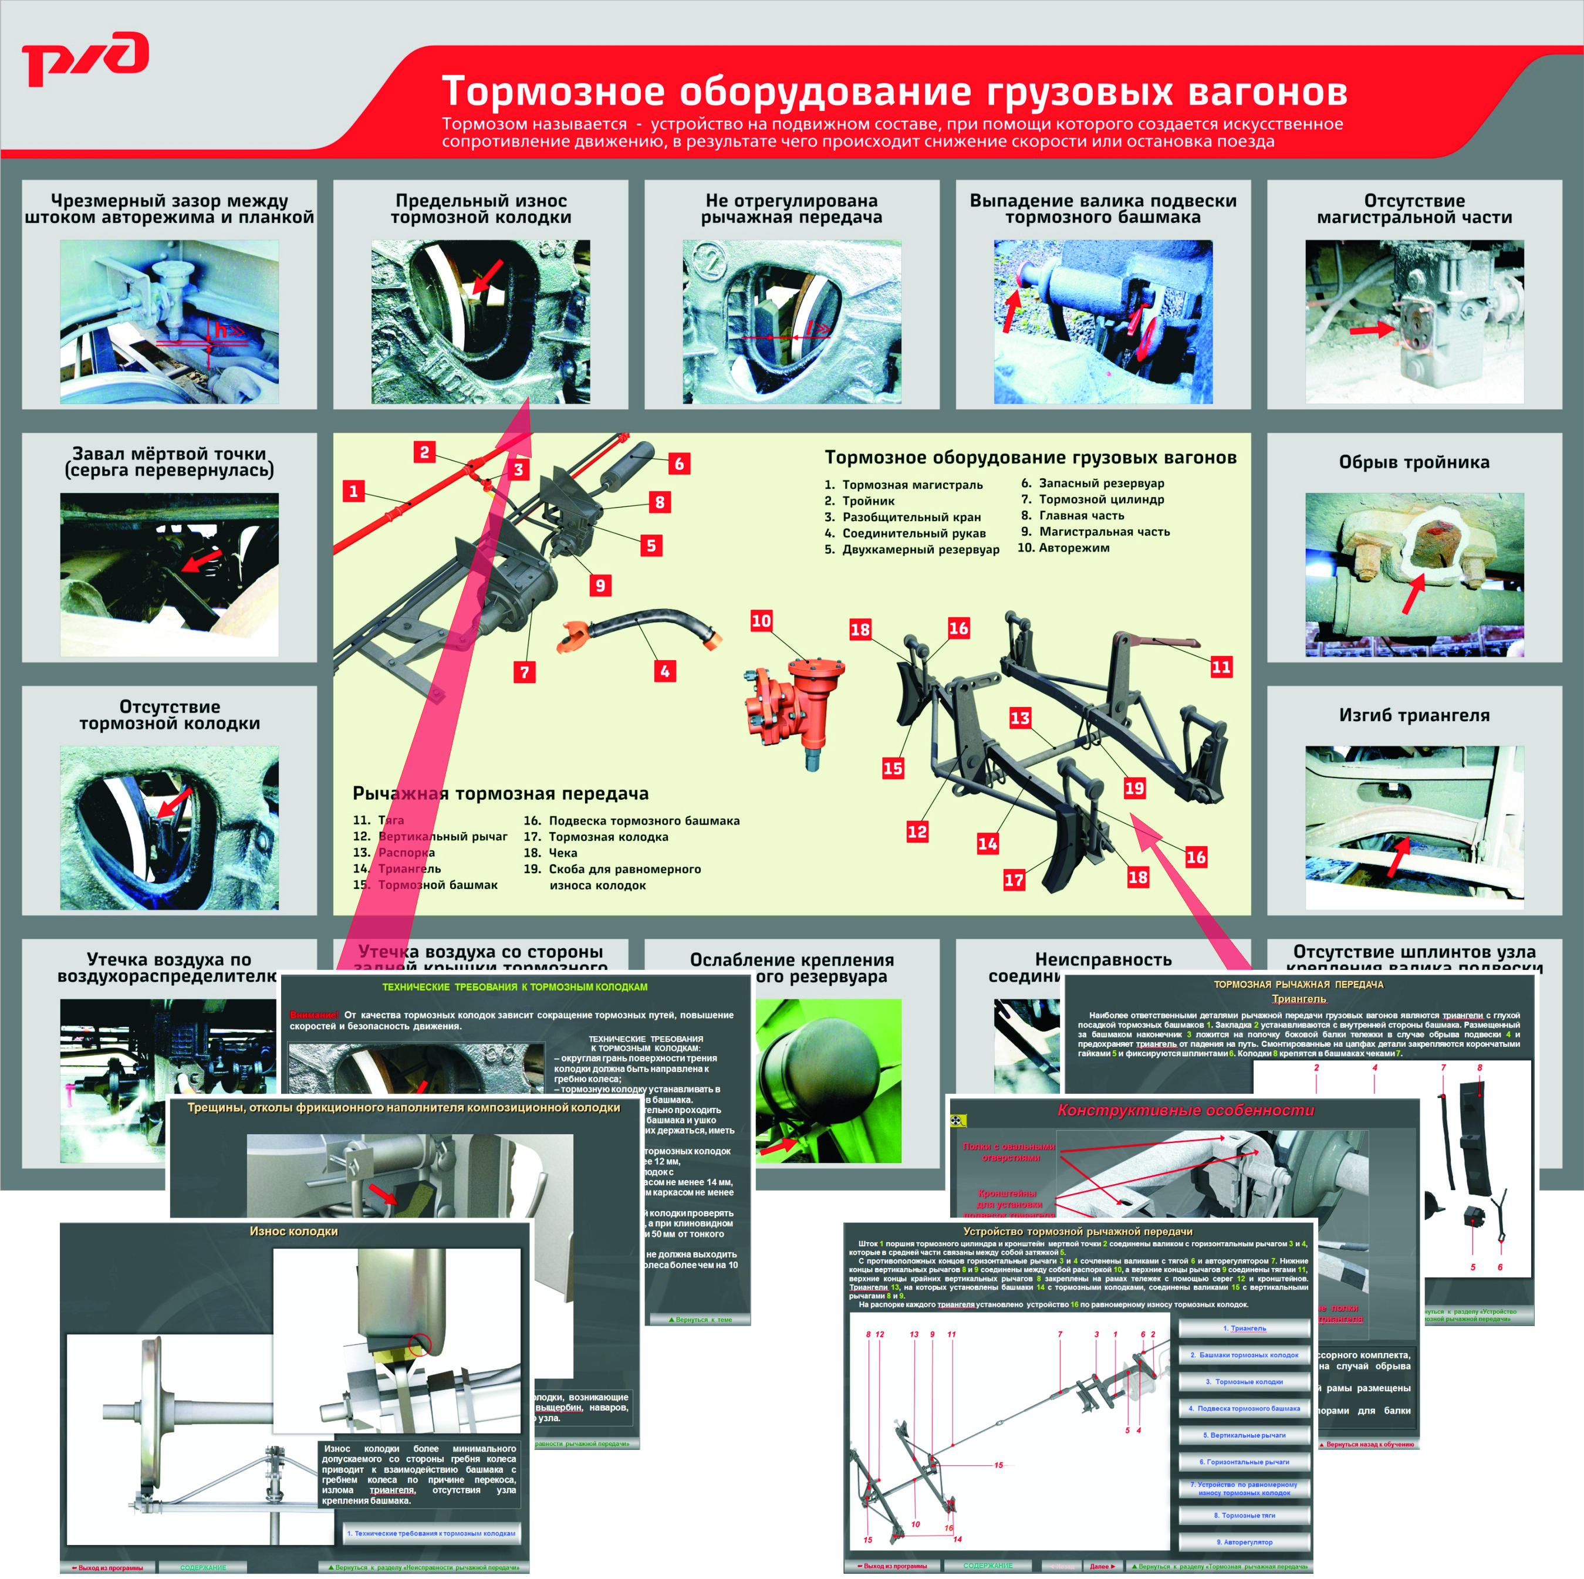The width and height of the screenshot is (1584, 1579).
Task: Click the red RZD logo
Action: [85, 59]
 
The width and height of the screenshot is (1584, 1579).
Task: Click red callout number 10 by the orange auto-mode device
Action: [761, 621]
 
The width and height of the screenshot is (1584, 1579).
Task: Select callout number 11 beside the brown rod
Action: [1221, 667]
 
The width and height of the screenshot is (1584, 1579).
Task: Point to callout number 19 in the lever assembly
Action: [1134, 788]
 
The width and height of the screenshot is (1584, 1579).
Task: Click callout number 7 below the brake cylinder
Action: [525, 672]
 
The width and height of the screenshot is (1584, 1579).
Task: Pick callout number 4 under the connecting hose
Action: [665, 671]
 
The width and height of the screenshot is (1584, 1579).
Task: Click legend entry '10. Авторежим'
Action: [1064, 547]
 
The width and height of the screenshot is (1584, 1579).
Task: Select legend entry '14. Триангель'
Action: [398, 868]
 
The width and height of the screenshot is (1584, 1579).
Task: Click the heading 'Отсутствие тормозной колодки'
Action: [170, 715]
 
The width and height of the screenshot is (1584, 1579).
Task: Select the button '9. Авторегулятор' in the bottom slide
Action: [1244, 1542]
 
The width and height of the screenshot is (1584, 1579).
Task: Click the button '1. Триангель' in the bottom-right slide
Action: [1244, 1328]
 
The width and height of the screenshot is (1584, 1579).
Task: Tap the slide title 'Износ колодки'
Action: [293, 1232]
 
